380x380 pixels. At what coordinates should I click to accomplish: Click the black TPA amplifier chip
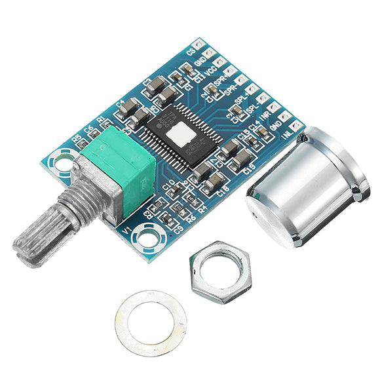(x=178, y=135)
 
